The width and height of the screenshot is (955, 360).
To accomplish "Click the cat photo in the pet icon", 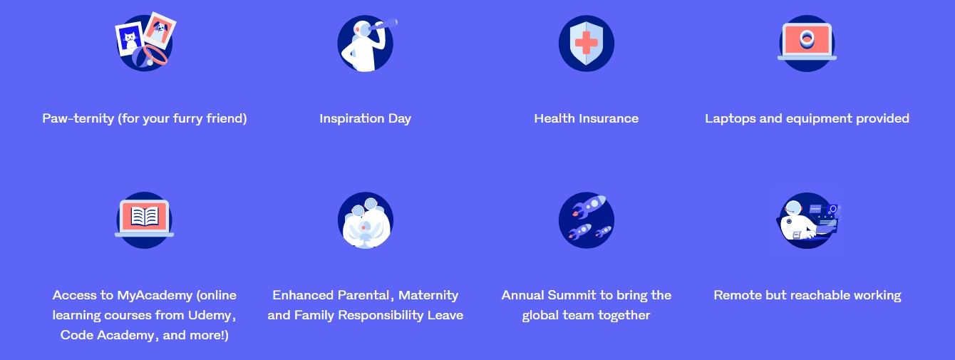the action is [130, 38].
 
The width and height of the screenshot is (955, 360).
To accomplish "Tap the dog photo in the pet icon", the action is [160, 30].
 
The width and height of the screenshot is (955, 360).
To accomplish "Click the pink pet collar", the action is [155, 55].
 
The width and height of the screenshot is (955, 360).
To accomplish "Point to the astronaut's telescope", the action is [383, 25].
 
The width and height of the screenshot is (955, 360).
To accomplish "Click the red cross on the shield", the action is [587, 43].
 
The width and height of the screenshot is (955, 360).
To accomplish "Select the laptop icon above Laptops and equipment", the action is [807, 41].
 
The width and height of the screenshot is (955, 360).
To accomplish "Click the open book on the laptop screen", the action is [145, 216].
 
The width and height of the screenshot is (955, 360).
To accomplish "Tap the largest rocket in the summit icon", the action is [589, 205].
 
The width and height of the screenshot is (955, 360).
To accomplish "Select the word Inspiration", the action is [352, 118].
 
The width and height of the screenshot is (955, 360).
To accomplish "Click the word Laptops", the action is [730, 118].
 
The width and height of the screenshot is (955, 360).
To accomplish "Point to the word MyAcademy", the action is [155, 295].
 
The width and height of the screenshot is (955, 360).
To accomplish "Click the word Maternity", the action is [428, 295].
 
